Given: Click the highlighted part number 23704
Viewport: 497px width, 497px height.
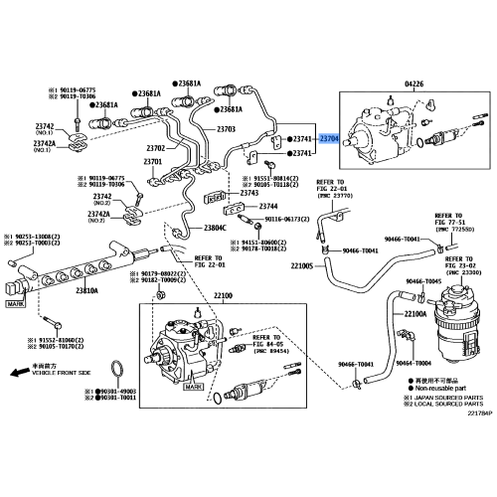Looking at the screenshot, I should point(330,141).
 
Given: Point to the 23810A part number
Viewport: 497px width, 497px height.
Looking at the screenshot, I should point(87,289).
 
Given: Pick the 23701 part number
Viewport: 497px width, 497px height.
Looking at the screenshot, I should point(152,161).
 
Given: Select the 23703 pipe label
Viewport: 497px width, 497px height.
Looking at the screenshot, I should point(226,129).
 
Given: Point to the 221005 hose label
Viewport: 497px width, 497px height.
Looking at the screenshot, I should point(302,265).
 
